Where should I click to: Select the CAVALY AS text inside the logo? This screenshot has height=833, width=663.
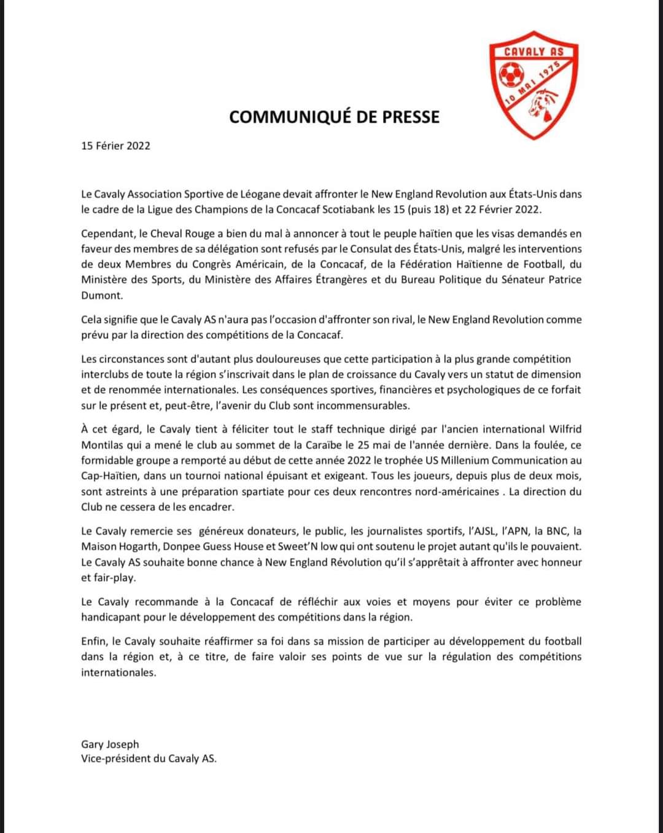pyautogui.click(x=533, y=52)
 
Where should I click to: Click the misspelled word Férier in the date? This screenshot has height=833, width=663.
pyautogui.click(x=110, y=146)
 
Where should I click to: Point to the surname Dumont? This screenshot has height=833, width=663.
pyautogui.click(x=102, y=295)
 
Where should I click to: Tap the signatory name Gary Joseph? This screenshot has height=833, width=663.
pyautogui.click(x=110, y=745)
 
